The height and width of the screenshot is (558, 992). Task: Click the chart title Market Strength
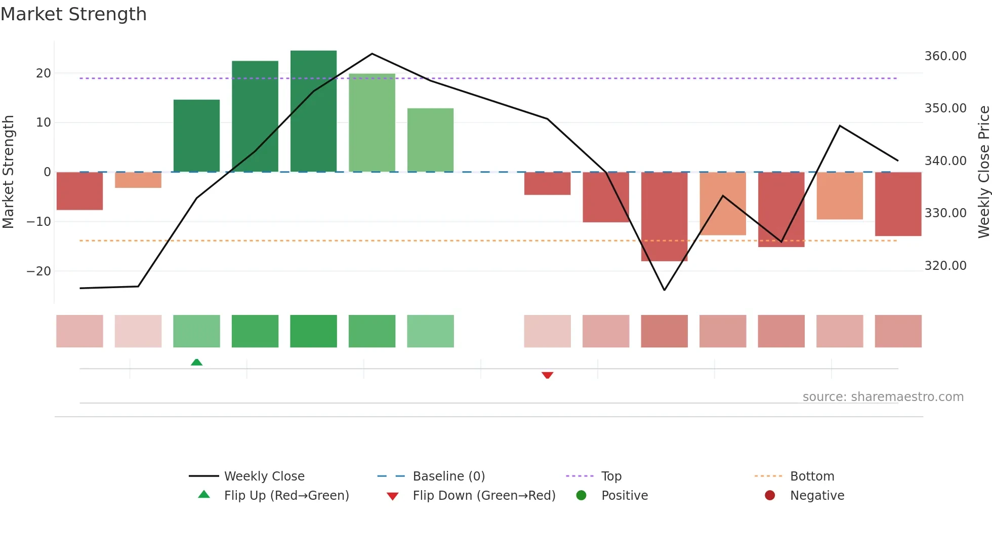pyautogui.click(x=73, y=14)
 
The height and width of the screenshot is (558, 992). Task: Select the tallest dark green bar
pyautogui.click(x=313, y=111)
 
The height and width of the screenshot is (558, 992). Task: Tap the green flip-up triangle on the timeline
pyautogui.click(x=196, y=362)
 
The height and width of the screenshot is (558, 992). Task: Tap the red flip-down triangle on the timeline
pyautogui.click(x=547, y=375)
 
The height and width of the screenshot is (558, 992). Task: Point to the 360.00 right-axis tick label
pyautogui.click(x=945, y=56)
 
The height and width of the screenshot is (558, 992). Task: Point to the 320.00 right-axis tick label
pyautogui.click(x=945, y=266)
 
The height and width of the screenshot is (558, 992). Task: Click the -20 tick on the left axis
pyautogui.click(x=39, y=271)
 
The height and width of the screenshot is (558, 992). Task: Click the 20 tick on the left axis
pyautogui.click(x=44, y=73)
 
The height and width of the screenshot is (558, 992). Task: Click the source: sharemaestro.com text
pyautogui.click(x=883, y=397)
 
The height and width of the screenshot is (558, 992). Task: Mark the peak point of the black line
pyautogui.click(x=372, y=54)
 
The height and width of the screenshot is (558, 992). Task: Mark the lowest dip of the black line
pyautogui.click(x=664, y=290)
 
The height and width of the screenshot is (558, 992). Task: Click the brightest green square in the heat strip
pyautogui.click(x=313, y=331)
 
